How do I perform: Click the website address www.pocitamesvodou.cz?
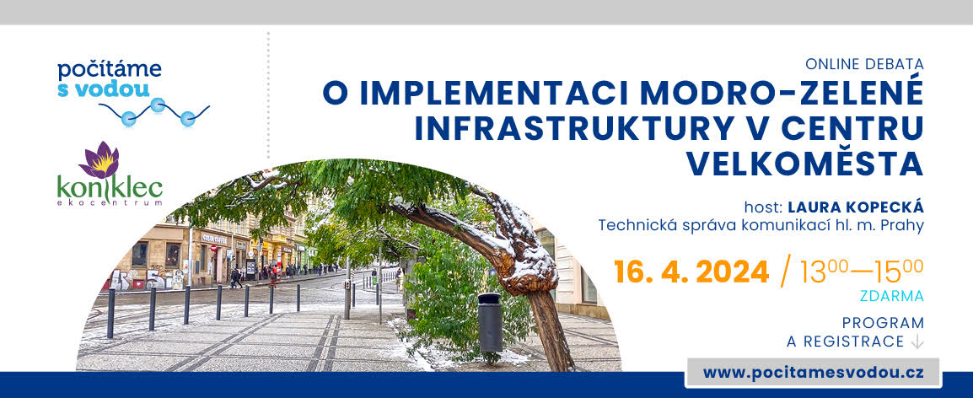(x=814, y=373)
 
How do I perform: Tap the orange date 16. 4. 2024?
(x=691, y=272)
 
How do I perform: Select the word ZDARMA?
(x=892, y=297)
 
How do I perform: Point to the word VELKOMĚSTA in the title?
(x=804, y=164)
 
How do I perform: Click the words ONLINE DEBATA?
(x=864, y=64)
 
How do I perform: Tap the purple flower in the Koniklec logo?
(x=99, y=159)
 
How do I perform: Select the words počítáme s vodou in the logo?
(x=110, y=79)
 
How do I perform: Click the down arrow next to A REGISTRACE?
(x=917, y=342)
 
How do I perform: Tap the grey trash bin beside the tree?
(x=490, y=323)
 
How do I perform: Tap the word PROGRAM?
(x=883, y=323)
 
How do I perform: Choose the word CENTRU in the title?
(x=852, y=128)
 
